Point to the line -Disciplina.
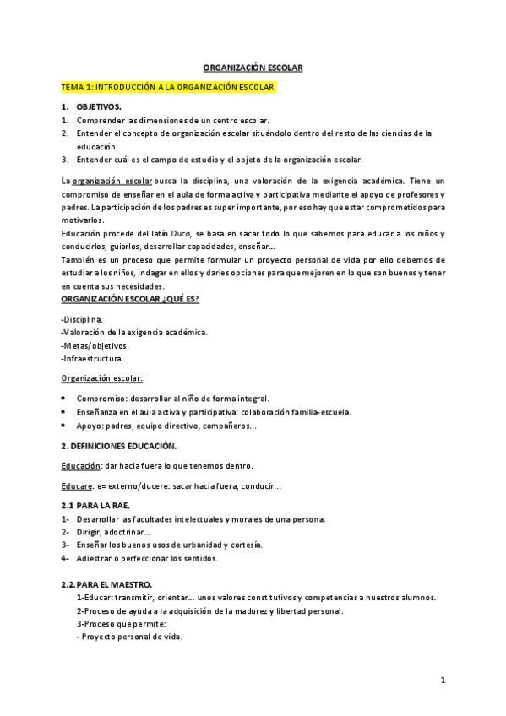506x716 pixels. (x=82, y=319)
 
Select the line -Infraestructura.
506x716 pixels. (x=93, y=359)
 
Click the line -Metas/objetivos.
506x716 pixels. (x=95, y=345)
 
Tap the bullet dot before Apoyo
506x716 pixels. (x=65, y=426)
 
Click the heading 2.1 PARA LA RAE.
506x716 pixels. (x=95, y=505)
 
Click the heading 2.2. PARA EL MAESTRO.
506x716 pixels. (x=106, y=584)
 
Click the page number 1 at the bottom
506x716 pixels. (x=443, y=680)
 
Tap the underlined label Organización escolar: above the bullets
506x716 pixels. (x=101, y=378)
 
